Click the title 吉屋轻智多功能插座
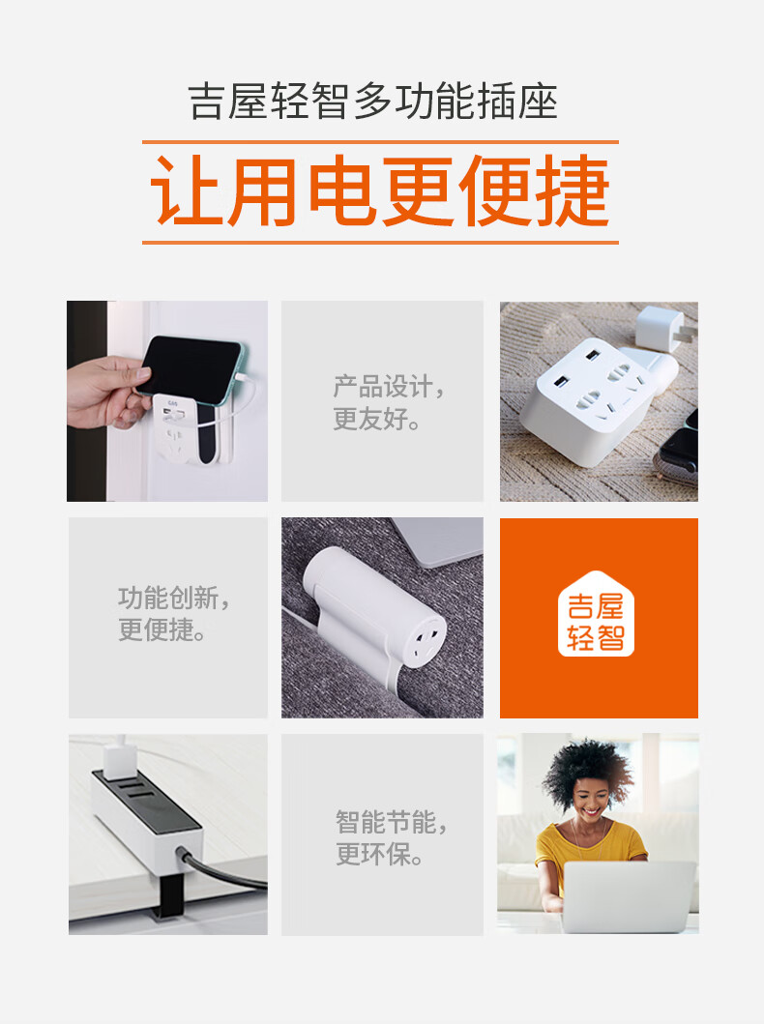point(373,102)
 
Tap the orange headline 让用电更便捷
point(381,191)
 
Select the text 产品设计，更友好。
point(389,402)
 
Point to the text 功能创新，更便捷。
point(174,614)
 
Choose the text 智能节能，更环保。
point(392,838)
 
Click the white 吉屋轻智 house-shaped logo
point(596,615)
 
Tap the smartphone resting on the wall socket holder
point(191,366)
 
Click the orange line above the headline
point(381,142)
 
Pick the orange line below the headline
point(381,243)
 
